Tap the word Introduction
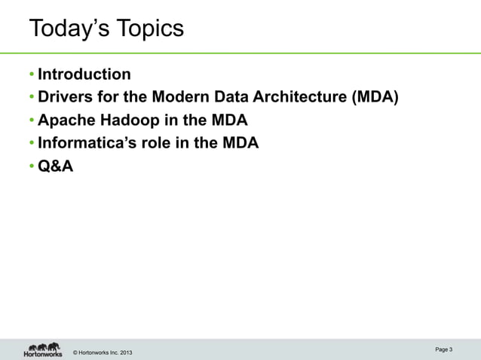pyautogui.click(x=84, y=74)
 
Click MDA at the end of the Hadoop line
pyautogui.click(x=230, y=121)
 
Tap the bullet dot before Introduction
pyautogui.click(x=32, y=75)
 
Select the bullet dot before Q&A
pyautogui.click(x=32, y=167)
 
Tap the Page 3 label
pyautogui.click(x=444, y=349)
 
